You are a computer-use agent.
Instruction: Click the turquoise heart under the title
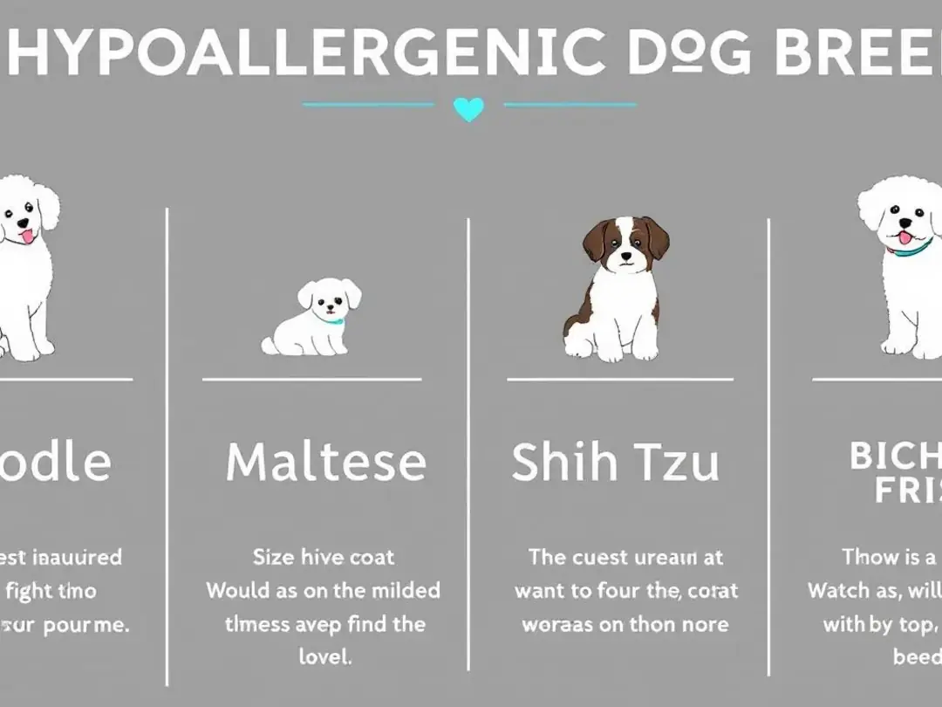pos(468,109)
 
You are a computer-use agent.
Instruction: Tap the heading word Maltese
pos(326,462)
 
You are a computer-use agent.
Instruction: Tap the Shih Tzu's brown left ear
pos(597,239)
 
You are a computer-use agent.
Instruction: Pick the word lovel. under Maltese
pos(324,656)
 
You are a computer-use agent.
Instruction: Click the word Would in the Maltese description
pos(237,590)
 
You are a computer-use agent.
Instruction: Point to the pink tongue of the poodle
pos(27,236)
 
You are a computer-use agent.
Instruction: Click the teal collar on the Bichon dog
pos(911,250)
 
